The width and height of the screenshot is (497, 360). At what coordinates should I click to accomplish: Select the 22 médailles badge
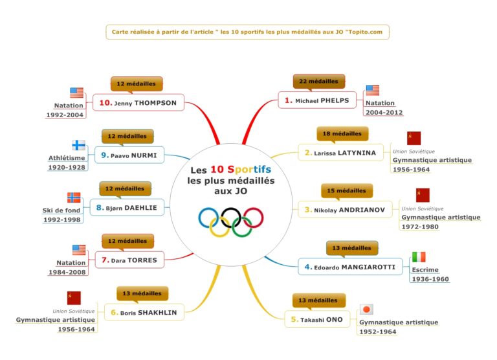point(319,82)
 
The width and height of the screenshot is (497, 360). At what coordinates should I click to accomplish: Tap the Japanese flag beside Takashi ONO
point(367,309)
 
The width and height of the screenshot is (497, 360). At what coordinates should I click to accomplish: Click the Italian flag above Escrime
point(419,257)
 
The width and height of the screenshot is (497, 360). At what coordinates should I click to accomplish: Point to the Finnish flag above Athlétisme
point(78,145)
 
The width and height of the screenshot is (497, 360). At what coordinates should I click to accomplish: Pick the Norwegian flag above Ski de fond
point(74,197)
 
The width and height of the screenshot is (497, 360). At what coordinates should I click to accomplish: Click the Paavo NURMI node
point(133,155)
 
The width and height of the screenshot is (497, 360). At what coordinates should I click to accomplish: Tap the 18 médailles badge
point(342,133)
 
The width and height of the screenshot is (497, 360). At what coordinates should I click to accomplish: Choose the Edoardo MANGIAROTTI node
point(349,267)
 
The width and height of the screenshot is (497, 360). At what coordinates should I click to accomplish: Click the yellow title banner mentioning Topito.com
point(248,31)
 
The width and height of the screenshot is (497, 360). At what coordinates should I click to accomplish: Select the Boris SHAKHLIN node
point(144,312)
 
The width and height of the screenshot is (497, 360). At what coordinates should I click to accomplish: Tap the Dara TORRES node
point(129,260)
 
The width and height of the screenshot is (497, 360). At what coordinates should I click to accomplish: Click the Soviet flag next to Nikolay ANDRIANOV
point(423,195)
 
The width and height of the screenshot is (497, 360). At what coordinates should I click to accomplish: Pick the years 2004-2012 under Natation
point(384,113)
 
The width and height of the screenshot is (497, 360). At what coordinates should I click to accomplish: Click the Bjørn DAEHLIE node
point(129,208)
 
